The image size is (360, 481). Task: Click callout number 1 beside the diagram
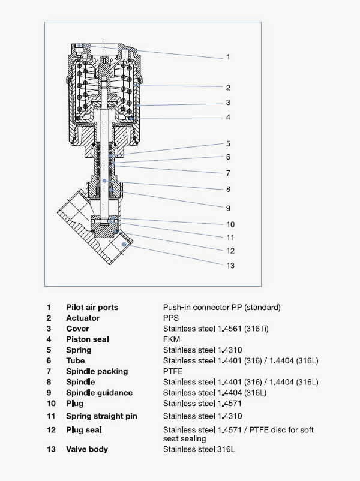[228, 57]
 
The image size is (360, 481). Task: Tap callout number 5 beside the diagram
[228, 144]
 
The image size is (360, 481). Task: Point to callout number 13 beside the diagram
[230, 265]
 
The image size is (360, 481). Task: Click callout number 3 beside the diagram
[228, 103]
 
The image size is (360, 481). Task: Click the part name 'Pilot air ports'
[92, 308]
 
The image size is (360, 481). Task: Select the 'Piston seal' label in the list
[87, 339]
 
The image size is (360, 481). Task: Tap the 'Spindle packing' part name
[97, 371]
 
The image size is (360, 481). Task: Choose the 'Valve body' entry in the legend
[87, 449]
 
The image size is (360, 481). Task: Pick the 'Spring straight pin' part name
[100, 416]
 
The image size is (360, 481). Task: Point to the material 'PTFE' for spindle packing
[173, 371]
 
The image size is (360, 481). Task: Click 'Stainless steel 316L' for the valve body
[199, 449]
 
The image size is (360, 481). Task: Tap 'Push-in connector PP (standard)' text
[221, 308]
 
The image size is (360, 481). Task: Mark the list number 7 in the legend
[49, 371]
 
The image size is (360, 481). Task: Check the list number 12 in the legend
[50, 430]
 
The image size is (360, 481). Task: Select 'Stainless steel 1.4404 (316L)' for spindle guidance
[215, 393]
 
